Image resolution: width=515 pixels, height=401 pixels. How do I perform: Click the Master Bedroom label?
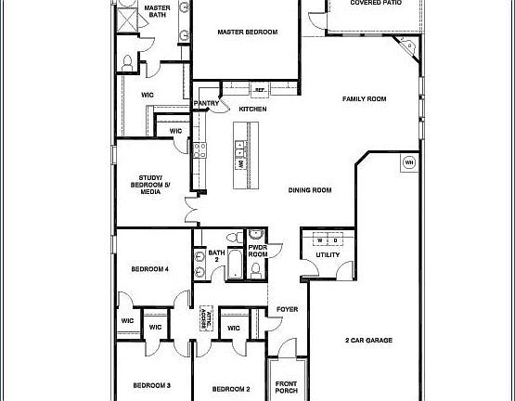248,32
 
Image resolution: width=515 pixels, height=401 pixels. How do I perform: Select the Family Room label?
365,99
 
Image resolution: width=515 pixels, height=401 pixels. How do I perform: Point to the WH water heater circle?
408,163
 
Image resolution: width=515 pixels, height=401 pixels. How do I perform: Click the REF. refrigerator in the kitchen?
261,91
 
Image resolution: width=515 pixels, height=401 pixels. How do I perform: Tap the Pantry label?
206,103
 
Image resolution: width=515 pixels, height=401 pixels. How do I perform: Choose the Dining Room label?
309,190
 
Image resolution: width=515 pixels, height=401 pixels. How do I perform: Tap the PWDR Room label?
257,251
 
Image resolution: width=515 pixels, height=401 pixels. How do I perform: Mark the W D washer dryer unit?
328,236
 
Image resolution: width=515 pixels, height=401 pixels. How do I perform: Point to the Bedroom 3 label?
150,385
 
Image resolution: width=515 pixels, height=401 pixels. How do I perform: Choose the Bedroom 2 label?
231,388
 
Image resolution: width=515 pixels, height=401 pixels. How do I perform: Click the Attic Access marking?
209,318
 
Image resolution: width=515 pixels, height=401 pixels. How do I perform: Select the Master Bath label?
157,12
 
